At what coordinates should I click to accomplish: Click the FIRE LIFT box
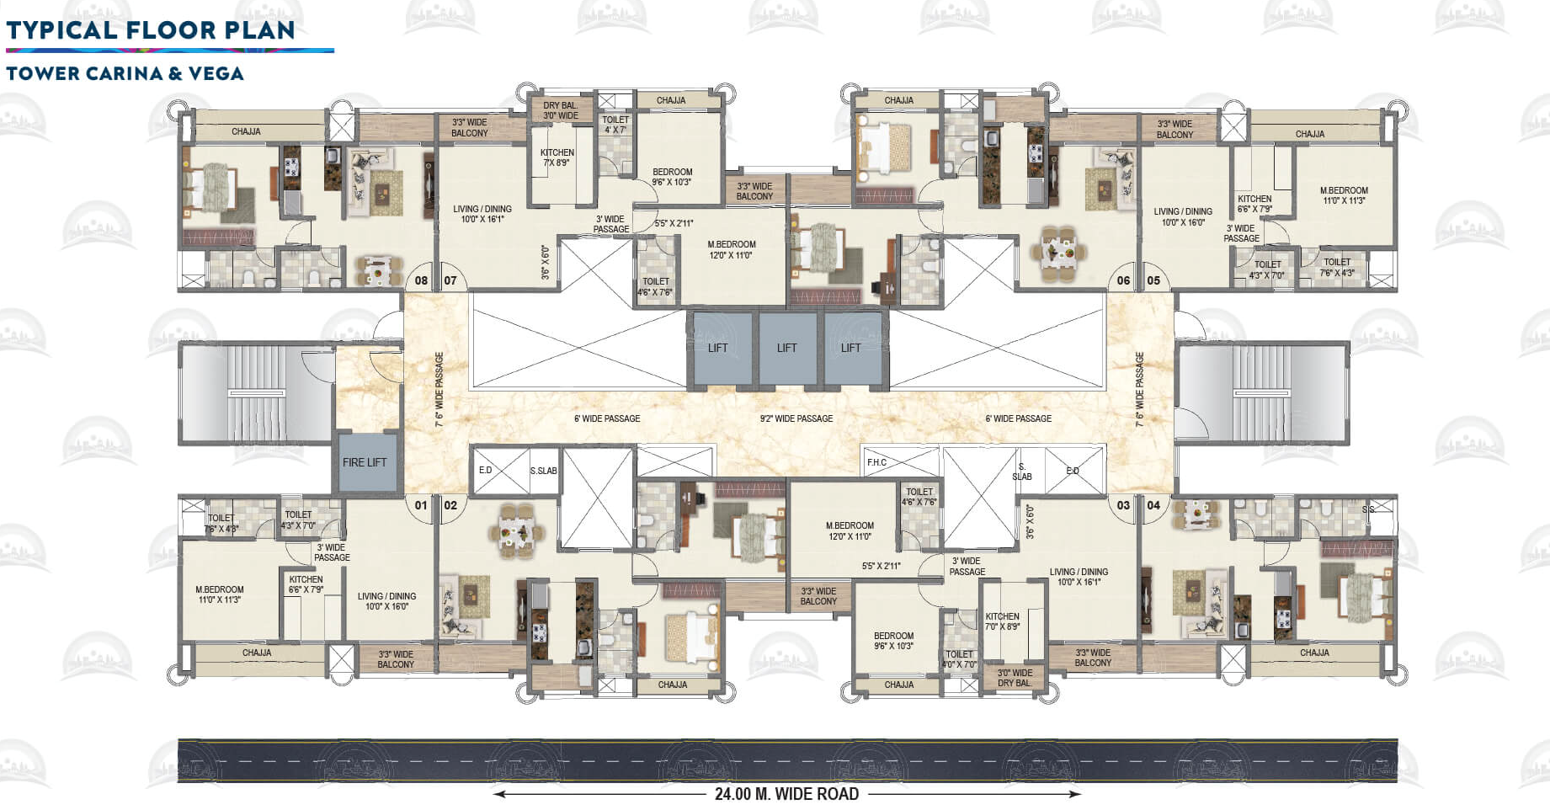pos(365,462)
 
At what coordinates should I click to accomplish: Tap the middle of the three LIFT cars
pos(786,348)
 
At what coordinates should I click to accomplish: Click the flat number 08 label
pos(421,280)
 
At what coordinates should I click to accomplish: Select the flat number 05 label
pos(1153,280)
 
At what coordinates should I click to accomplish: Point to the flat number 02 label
pos(450,505)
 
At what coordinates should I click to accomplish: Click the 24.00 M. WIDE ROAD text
pos(786,794)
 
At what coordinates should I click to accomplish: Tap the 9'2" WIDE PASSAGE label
pos(796,418)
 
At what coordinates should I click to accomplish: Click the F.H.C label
pos(876,462)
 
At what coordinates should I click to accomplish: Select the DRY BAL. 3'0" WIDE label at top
pos(560,111)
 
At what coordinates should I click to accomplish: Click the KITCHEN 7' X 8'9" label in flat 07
pos(557,157)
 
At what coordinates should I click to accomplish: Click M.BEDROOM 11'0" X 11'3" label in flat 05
pos(1344,195)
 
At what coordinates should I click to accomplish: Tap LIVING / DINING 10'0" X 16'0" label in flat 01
pos(386,601)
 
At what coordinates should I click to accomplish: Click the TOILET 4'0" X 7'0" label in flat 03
pos(959,659)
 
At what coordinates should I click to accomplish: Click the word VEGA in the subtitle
pos(216,73)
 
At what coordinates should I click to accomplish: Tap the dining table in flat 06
pos(1058,251)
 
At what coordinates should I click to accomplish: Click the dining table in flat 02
pos(515,532)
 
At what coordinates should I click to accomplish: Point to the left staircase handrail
pos(256,393)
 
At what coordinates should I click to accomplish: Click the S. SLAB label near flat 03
pos(1021,472)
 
